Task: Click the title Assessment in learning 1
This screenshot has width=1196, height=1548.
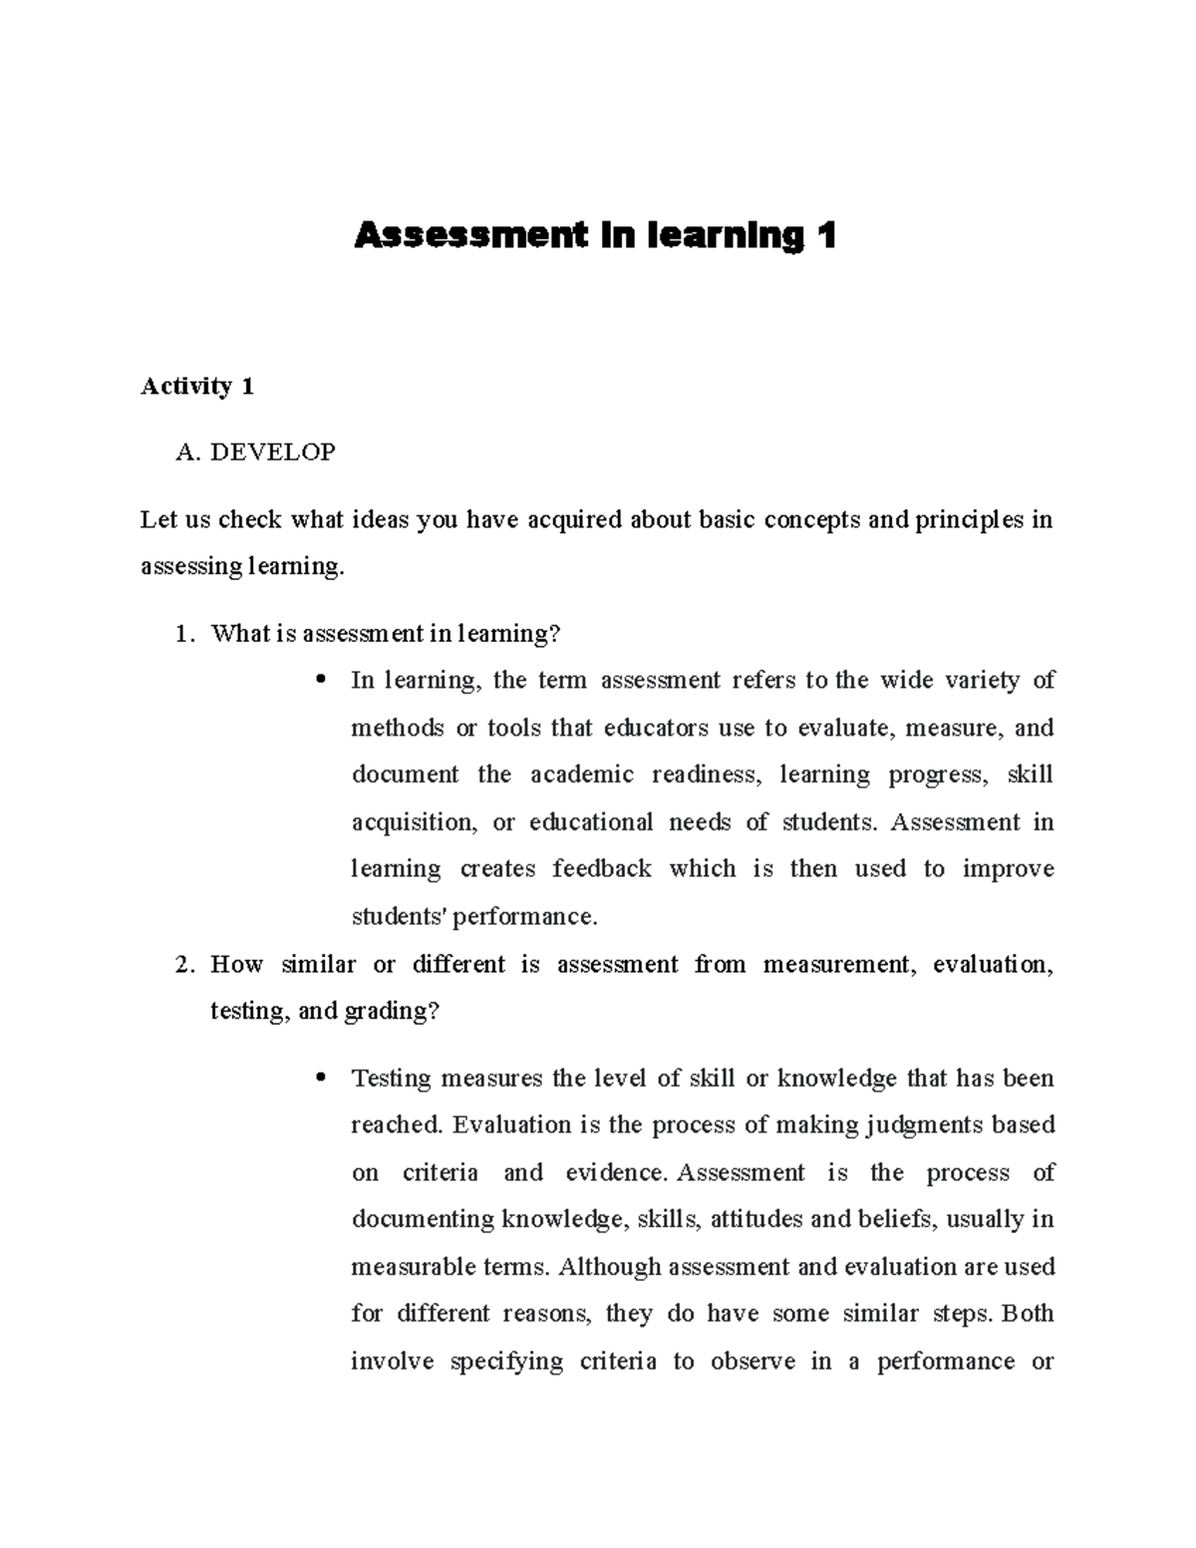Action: coord(595,236)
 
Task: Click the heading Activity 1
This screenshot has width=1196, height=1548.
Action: coord(197,387)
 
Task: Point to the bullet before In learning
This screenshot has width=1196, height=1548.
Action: coord(320,681)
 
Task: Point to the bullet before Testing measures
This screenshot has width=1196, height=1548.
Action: coord(320,1079)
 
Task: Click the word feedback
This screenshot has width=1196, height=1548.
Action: coord(602,869)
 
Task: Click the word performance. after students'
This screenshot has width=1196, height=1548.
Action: coord(525,917)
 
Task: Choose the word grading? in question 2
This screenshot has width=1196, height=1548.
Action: coord(392,1012)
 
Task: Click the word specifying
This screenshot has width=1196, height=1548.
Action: coord(506,1363)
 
